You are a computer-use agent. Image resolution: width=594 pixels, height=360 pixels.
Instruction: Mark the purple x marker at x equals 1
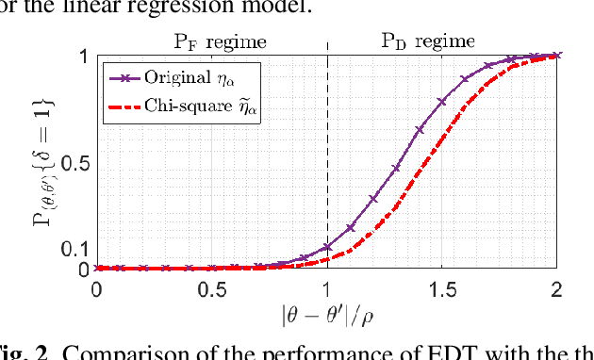(x=327, y=247)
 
